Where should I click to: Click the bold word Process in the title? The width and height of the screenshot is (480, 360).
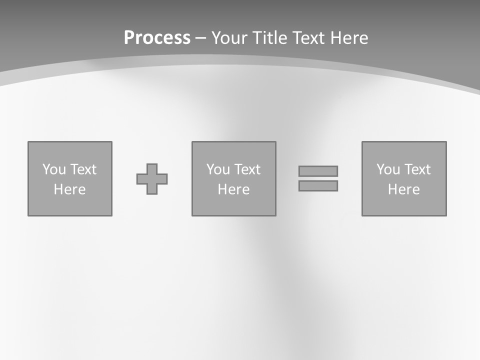click(x=157, y=38)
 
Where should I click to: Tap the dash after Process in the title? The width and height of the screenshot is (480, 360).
click(x=200, y=38)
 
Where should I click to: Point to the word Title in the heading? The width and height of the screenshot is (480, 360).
click(x=270, y=38)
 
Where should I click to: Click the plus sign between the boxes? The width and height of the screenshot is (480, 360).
click(x=152, y=179)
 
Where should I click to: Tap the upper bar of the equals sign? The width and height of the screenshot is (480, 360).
click(x=318, y=171)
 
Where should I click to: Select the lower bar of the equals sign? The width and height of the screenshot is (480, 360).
click(x=318, y=185)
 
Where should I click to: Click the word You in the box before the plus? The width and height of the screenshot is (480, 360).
click(x=54, y=169)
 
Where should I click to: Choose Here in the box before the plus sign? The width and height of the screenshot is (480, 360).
click(x=69, y=189)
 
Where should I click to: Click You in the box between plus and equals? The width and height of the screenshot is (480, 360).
click(x=218, y=169)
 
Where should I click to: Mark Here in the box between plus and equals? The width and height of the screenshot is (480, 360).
click(x=233, y=189)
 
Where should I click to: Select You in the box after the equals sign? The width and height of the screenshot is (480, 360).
click(x=388, y=169)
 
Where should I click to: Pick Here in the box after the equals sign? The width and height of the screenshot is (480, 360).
click(x=403, y=189)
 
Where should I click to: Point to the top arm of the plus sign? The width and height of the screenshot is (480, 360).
click(x=152, y=168)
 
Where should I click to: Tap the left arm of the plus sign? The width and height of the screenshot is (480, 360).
click(x=141, y=179)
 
